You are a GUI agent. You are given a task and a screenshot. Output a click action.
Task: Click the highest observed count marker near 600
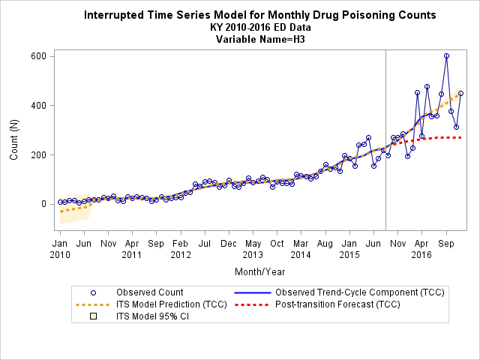tap(447, 56)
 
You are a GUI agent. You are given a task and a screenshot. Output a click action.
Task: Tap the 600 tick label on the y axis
tap(38, 56)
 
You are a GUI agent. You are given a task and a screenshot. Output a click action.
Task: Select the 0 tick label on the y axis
tap(43, 204)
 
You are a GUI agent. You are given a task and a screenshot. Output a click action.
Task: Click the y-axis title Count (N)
tap(13, 139)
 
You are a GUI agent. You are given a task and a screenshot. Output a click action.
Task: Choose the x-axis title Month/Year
tap(260, 271)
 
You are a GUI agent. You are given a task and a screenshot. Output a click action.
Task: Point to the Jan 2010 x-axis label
tap(60, 249)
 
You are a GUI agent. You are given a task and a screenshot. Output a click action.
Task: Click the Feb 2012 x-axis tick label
tap(181, 249)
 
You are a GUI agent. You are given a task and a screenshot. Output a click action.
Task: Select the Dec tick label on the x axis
tap(229, 244)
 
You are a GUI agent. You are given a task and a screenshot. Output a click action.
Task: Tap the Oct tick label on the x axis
tap(277, 244)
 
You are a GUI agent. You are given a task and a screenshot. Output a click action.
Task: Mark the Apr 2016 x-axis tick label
tap(421, 249)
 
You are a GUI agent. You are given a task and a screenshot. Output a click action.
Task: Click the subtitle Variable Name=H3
tap(260, 39)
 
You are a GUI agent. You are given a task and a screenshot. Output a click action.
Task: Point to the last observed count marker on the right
tap(460, 94)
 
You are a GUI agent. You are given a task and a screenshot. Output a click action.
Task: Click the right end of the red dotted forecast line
tap(461, 138)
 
